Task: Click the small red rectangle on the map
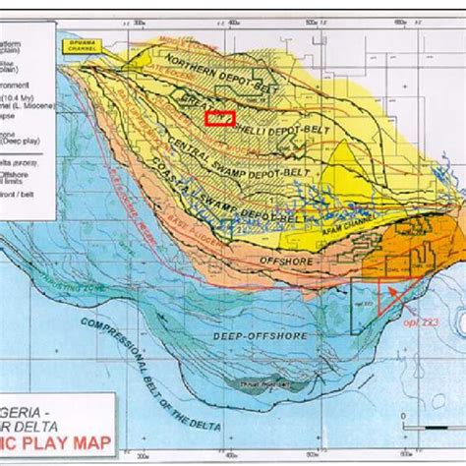pyautogui.click(x=220, y=118)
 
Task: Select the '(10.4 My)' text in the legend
pyautogui.click(x=21, y=99)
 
